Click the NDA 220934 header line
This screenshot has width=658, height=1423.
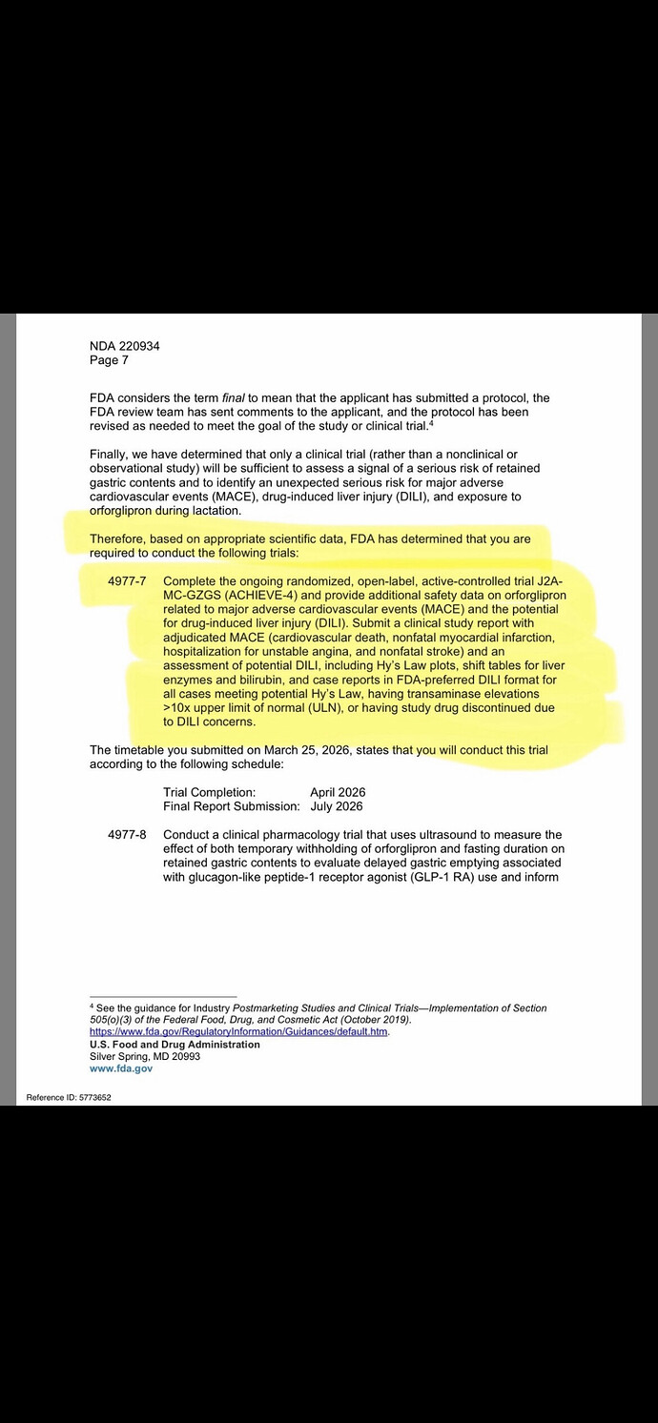tap(124, 346)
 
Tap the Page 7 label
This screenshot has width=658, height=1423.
tap(109, 360)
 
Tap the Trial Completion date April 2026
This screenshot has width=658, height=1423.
tap(338, 792)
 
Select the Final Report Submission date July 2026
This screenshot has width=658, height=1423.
tap(337, 806)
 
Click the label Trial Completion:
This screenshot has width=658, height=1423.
tap(209, 792)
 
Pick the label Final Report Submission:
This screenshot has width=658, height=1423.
tap(232, 806)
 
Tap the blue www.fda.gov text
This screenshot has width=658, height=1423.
tap(120, 1069)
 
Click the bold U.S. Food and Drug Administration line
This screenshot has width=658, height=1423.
tap(175, 1045)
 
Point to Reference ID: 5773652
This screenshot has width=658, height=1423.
tap(69, 1097)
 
